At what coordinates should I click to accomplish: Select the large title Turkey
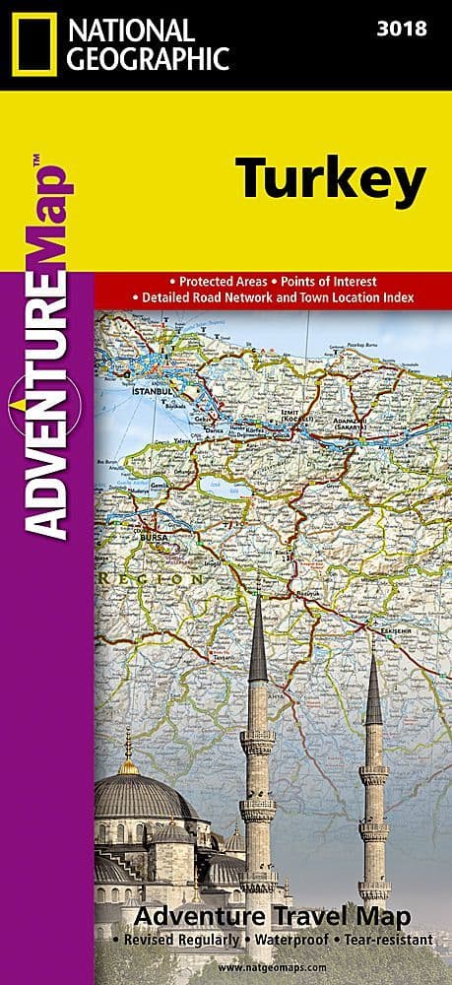click(302, 181)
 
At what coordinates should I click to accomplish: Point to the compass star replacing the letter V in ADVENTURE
click(47, 406)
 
